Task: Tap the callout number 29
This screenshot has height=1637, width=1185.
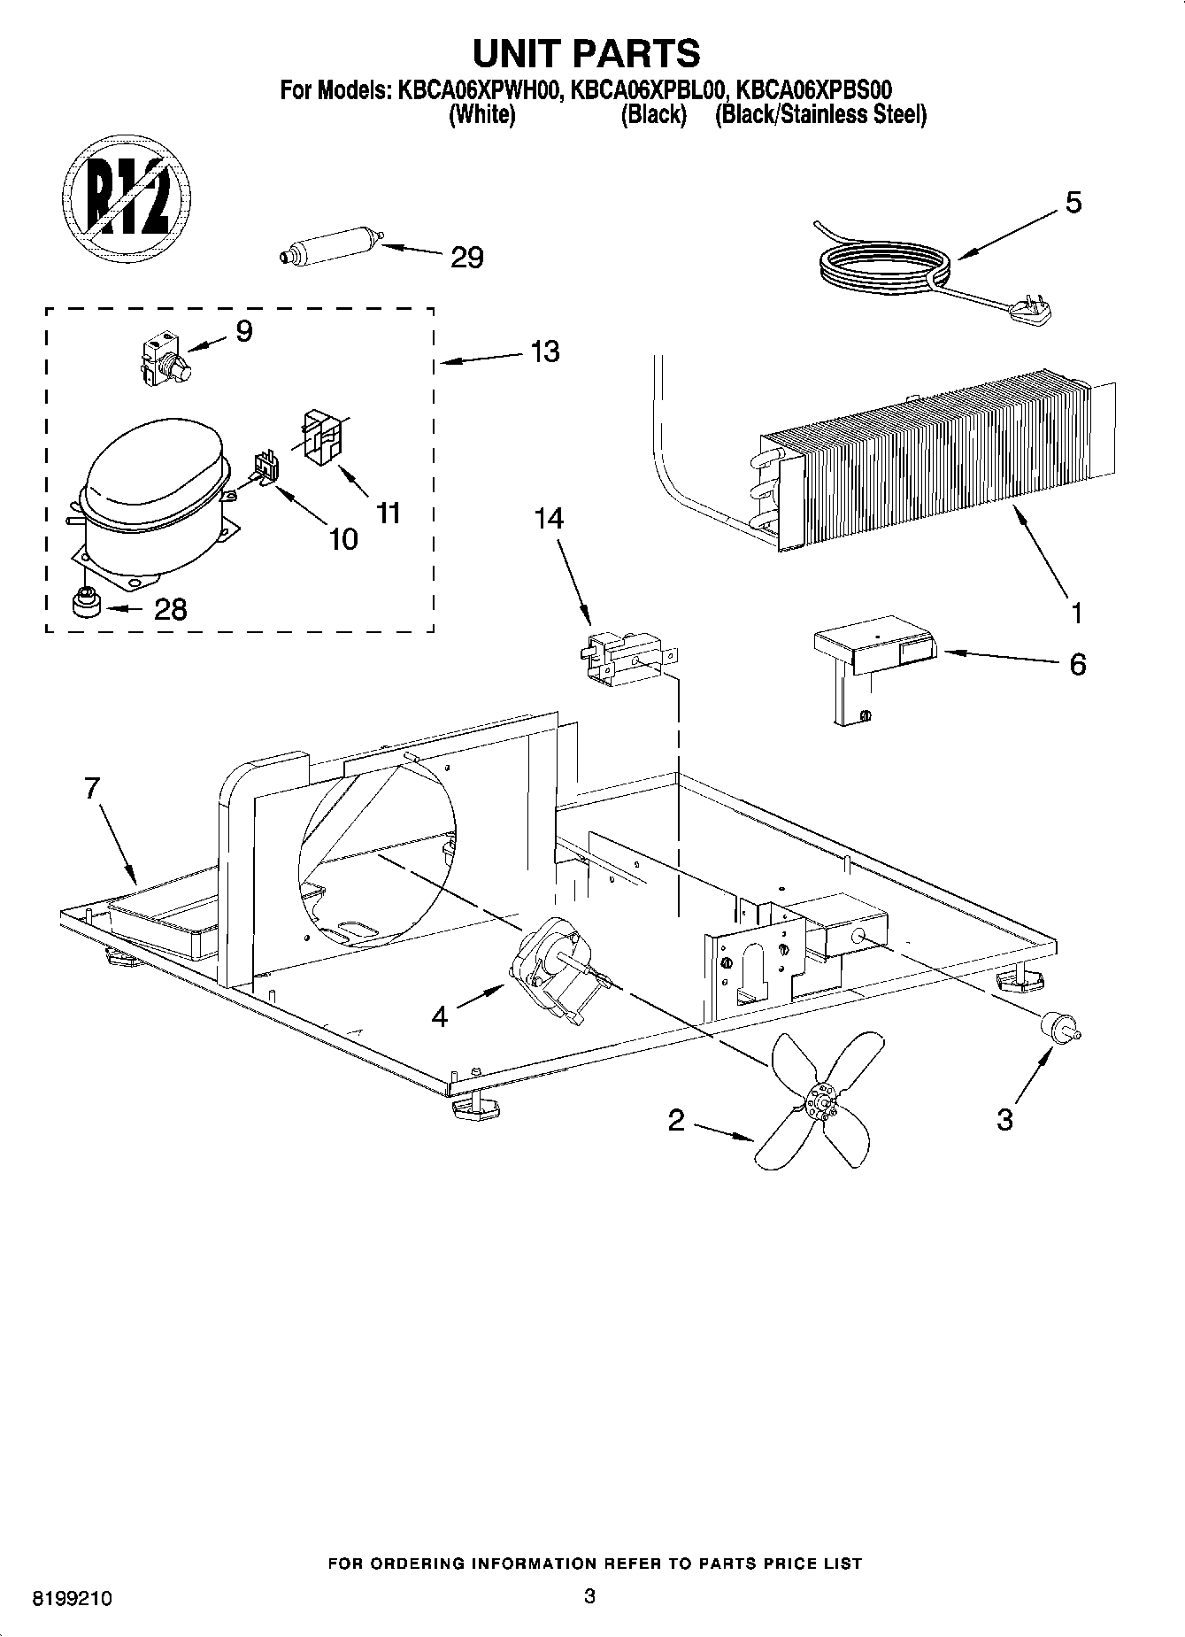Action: coord(466,259)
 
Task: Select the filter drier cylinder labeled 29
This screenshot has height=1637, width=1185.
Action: coord(328,244)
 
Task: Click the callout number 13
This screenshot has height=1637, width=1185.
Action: coord(545,351)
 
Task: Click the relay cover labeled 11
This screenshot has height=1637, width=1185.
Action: coord(324,436)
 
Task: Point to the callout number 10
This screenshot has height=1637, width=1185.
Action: coord(343,538)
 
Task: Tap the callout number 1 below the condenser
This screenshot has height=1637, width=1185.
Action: coord(1076,612)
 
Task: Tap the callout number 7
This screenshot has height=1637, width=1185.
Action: coord(92,788)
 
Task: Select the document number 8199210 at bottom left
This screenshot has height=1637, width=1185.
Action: coord(73,1600)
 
